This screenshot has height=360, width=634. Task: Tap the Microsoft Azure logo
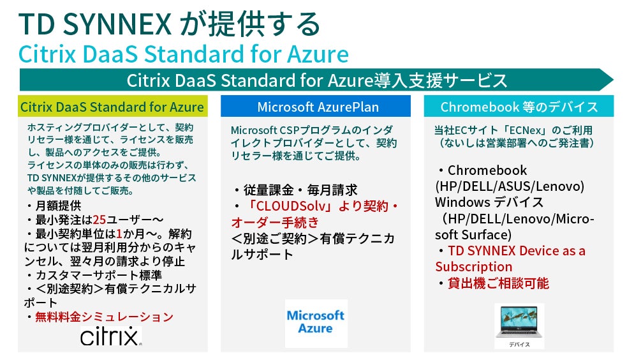316,323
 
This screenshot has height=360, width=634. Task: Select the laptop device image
519,325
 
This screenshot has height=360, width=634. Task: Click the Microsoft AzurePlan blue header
316,107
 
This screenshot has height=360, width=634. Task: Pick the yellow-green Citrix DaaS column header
112,107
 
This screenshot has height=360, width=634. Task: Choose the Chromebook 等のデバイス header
519,107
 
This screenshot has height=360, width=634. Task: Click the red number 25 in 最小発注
100,220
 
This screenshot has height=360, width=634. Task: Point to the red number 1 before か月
119,234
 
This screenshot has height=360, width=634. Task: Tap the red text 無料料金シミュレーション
105,317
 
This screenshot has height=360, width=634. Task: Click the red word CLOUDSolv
291,206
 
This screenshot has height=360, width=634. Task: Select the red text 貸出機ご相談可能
498,283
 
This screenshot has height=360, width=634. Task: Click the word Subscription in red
474,267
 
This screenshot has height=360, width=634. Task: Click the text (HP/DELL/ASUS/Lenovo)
510,186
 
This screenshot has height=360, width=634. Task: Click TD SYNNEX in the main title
96,24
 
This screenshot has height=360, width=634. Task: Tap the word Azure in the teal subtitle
318,54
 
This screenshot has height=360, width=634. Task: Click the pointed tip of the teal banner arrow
613,80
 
